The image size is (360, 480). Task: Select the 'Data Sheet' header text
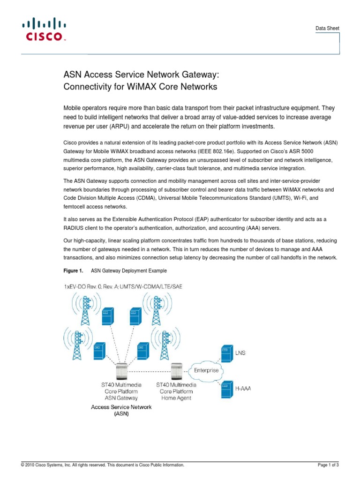[x=326, y=29]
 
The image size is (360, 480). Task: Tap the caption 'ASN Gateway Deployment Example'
[x=128, y=271]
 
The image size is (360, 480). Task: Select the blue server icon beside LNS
[x=227, y=354]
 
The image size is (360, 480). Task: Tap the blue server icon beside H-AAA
[x=227, y=389]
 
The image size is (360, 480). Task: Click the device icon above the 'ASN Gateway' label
[x=121, y=370]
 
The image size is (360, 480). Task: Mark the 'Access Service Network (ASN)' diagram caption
[x=121, y=411]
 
